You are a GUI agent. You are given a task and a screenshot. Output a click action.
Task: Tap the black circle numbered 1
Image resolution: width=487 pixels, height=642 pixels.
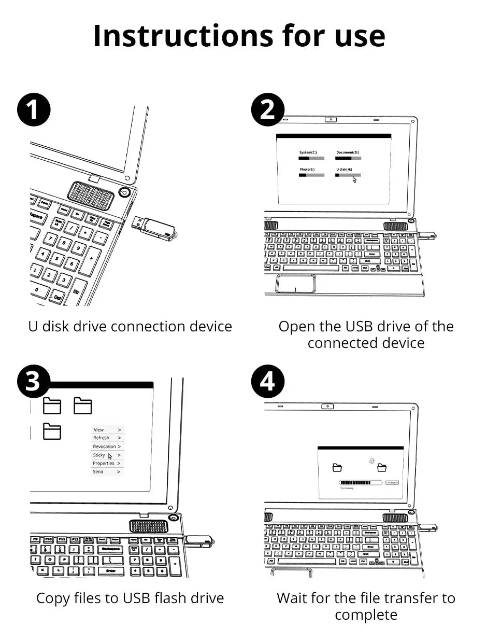(x=34, y=110)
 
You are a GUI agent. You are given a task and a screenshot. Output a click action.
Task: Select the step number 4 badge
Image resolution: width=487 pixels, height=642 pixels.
(x=267, y=382)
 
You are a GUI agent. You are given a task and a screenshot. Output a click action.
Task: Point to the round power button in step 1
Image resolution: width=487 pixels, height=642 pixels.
(x=124, y=193)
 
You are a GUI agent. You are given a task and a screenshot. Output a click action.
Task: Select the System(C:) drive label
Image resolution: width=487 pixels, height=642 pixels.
(x=308, y=152)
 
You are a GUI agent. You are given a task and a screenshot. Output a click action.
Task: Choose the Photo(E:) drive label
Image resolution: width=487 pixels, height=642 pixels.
(x=307, y=170)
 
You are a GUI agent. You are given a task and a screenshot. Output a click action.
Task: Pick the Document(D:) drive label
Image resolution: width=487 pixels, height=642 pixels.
(x=348, y=152)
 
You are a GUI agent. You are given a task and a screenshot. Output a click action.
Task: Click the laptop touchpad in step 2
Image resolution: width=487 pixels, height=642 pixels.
(x=296, y=284)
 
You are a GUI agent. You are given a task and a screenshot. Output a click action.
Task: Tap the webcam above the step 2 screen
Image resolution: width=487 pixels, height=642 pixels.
(x=331, y=120)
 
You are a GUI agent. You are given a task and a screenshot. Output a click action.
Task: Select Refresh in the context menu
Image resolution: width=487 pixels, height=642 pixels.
(x=101, y=438)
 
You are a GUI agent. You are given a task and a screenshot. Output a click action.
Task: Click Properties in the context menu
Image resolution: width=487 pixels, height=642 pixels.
(x=104, y=463)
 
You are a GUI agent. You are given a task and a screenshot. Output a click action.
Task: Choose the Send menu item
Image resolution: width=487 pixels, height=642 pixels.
(x=98, y=472)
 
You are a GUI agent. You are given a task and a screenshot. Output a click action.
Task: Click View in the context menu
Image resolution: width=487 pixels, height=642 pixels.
(x=98, y=429)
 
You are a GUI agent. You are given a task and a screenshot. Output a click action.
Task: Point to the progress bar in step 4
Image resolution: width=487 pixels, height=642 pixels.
(x=355, y=482)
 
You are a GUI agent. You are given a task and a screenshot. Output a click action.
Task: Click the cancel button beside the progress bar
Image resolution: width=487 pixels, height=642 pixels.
(x=392, y=482)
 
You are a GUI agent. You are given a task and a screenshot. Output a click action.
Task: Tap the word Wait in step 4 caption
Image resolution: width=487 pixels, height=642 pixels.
(x=292, y=598)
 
